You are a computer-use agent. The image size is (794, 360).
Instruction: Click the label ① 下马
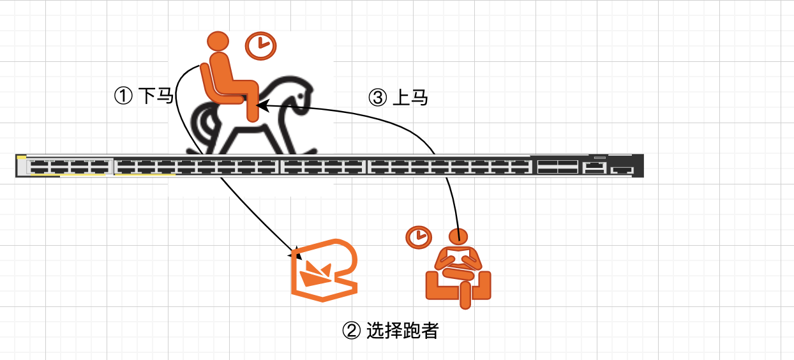pos(144,96)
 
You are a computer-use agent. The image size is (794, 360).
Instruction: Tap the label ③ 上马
pos(398,98)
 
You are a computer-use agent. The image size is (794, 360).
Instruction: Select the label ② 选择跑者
pos(391,331)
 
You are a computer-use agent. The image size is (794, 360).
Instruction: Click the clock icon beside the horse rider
pos(260,45)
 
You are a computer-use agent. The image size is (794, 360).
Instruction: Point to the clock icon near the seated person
pos(418,237)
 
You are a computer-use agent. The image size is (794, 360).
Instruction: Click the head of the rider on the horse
pos(218,41)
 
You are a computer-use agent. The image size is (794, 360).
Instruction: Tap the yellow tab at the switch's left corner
pos(21,156)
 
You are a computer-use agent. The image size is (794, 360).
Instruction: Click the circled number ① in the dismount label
pos(122,96)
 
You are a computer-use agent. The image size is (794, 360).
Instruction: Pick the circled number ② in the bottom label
pos(352,331)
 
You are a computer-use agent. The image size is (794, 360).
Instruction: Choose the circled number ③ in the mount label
pos(377,98)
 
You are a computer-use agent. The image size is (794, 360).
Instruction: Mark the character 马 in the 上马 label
pos(418,98)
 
